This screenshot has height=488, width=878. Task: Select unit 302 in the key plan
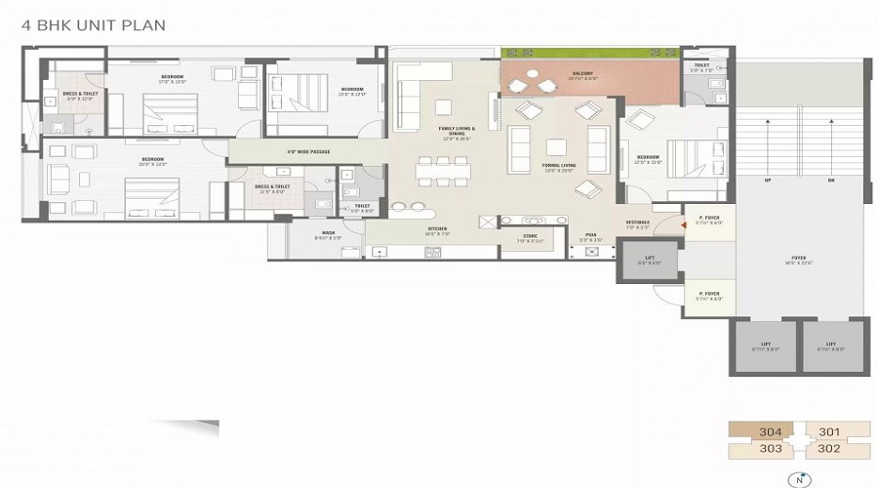[x=829, y=449]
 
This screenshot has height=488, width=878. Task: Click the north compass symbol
[x=800, y=479]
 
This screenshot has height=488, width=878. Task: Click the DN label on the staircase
[x=830, y=181]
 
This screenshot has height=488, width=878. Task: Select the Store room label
[x=530, y=236]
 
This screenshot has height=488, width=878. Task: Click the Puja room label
[x=591, y=236]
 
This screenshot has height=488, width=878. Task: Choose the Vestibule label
[x=637, y=225]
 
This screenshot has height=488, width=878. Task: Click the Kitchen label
[x=436, y=232]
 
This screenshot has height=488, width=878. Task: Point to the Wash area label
[x=328, y=235]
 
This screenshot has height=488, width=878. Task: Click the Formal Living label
[x=559, y=168]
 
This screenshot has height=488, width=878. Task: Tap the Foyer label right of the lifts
[x=799, y=260]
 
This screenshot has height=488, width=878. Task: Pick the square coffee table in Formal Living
[x=556, y=148]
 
